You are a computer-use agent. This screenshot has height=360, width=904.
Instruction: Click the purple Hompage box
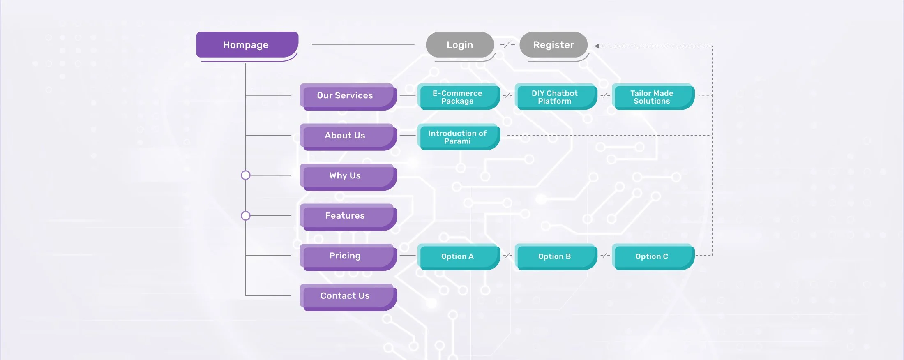(x=247, y=45)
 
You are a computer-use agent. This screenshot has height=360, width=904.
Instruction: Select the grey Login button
(x=460, y=45)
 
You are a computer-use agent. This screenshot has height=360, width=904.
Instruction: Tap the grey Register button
(x=553, y=45)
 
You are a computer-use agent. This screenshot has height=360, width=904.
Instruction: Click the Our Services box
(x=348, y=97)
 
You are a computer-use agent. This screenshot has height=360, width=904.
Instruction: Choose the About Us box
(x=348, y=137)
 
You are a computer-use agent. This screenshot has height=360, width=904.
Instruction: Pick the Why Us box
(x=348, y=177)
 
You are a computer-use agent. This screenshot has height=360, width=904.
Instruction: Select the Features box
(x=348, y=217)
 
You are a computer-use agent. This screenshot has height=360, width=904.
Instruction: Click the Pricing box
(x=348, y=257)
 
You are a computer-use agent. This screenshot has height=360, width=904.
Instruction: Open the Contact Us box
(x=348, y=297)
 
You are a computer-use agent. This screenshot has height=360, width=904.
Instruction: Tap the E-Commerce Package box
(x=459, y=97)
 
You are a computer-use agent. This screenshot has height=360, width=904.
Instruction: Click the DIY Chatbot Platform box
(x=556, y=97)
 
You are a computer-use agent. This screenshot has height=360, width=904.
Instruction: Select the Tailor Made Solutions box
(x=653, y=97)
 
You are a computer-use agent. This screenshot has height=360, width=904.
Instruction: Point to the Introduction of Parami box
(x=459, y=137)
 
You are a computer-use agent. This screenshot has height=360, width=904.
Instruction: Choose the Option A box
(x=459, y=257)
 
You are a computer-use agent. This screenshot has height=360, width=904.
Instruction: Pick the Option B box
(x=556, y=257)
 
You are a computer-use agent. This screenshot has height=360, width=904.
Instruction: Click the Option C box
(x=653, y=257)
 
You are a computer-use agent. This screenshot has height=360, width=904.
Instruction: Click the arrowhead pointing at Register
(x=597, y=46)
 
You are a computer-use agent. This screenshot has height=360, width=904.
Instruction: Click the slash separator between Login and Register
(x=507, y=44)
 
